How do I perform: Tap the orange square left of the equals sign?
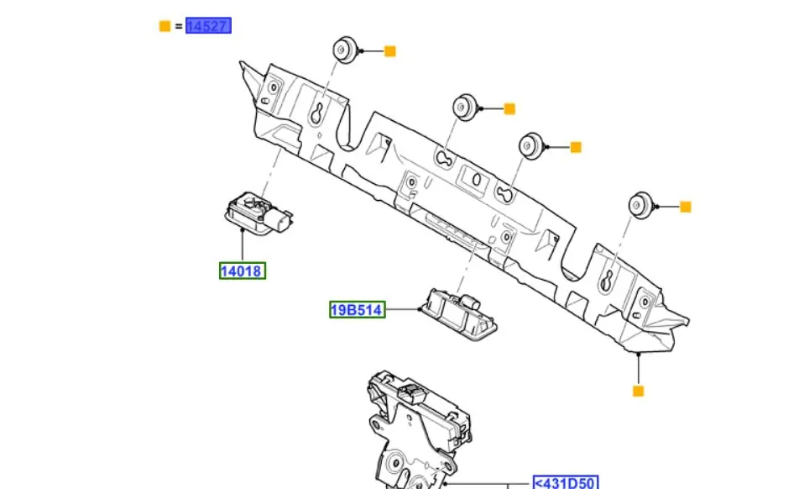(164, 26)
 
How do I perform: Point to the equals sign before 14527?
(179, 26)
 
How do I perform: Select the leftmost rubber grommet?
(344, 50)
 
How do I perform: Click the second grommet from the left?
(465, 107)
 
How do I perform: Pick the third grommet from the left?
(530, 145)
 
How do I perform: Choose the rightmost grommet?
(640, 204)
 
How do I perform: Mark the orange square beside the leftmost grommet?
(389, 51)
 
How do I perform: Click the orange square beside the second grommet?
(509, 108)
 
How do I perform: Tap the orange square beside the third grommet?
(576, 147)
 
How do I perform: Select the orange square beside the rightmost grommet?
(685, 207)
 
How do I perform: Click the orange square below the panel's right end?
(638, 391)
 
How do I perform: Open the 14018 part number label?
(243, 271)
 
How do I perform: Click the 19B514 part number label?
(357, 310)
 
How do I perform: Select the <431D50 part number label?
(566, 483)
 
